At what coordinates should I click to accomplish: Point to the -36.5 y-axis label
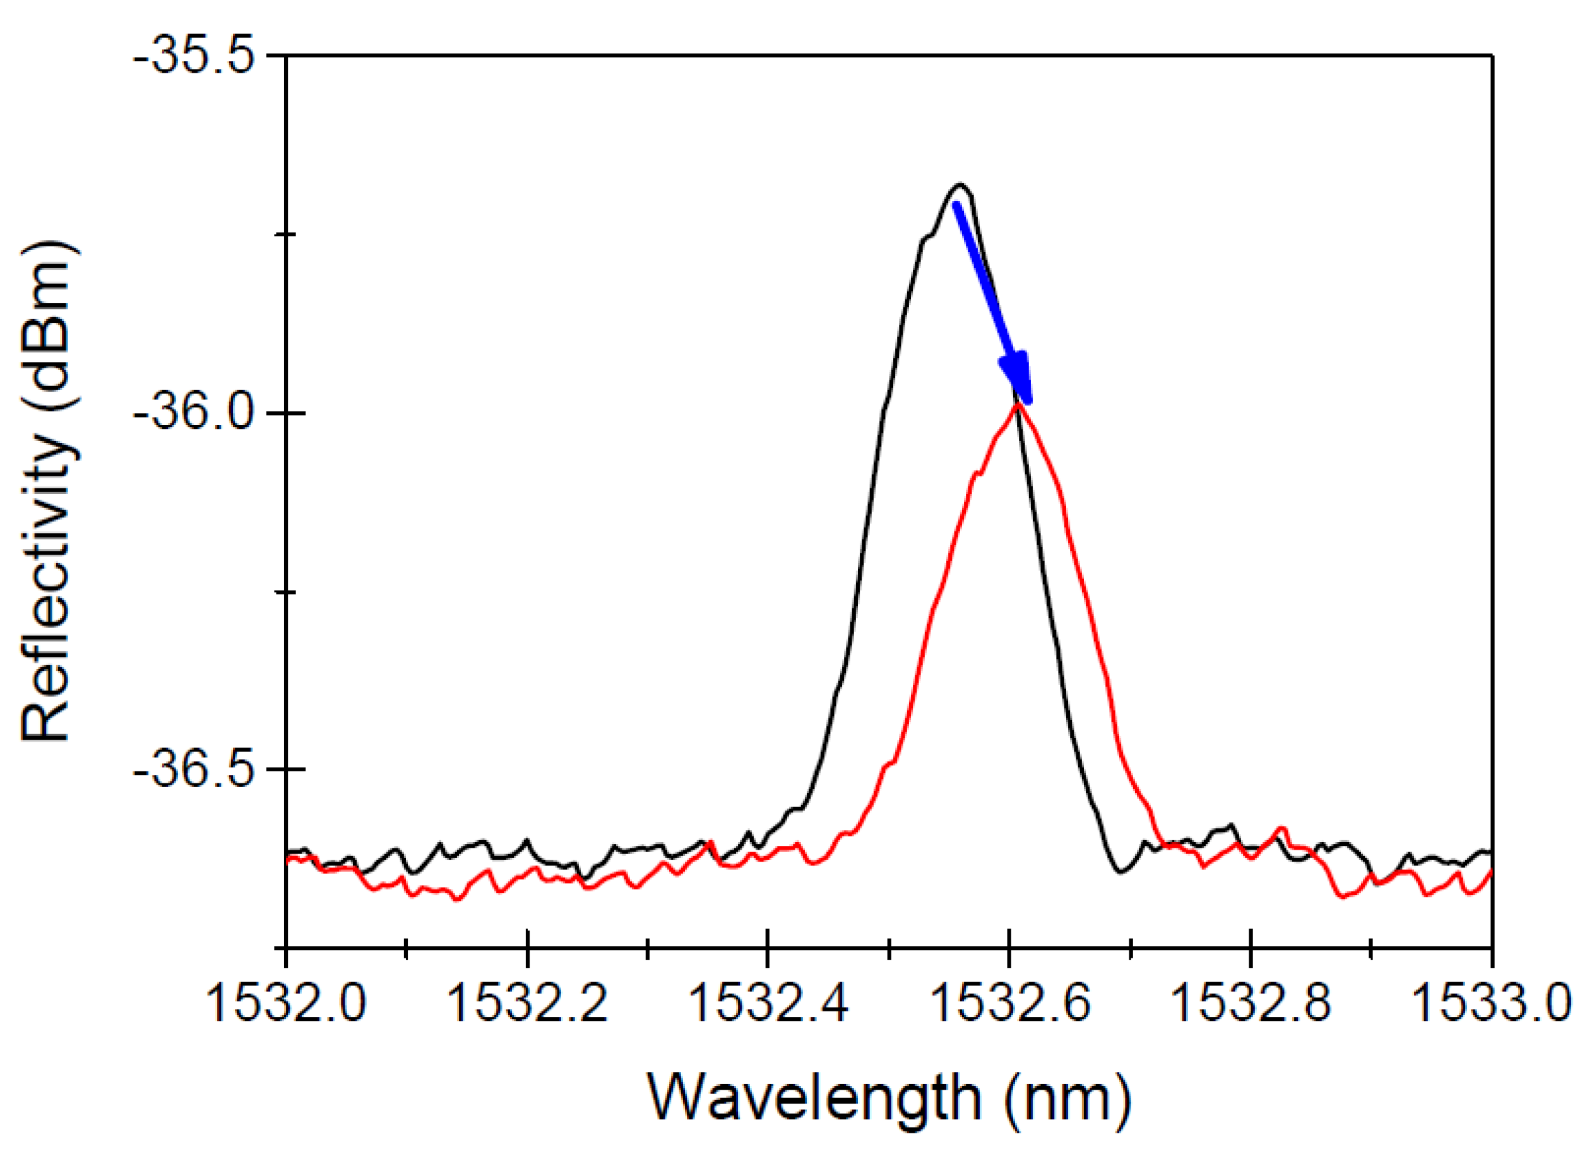click(198, 769)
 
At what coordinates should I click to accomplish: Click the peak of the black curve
click(961, 186)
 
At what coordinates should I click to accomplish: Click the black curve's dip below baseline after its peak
click(1121, 872)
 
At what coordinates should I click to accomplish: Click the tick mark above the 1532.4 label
click(768, 939)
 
